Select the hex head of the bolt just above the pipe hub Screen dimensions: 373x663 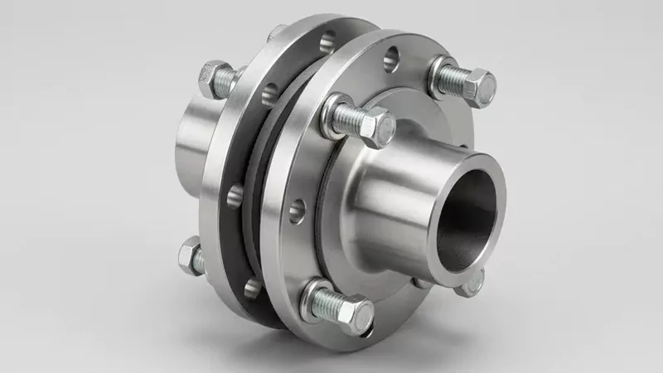(374, 128)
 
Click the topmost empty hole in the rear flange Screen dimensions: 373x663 (327, 37)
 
